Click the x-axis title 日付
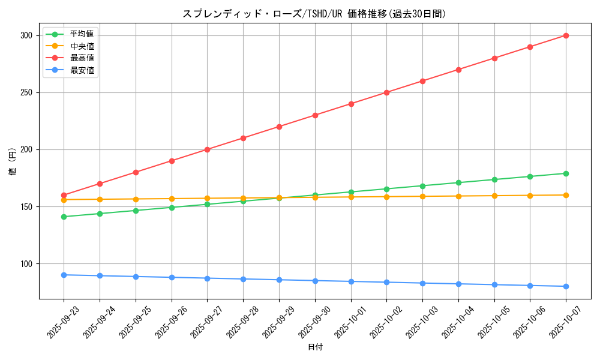tap(315, 347)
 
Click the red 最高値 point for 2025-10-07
tap(566, 35)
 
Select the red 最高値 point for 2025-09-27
tap(207, 149)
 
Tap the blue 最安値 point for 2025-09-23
tap(64, 275)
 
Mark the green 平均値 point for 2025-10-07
tap(566, 173)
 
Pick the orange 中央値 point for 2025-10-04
tap(458, 196)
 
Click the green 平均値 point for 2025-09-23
tap(64, 217)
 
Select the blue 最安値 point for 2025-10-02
tap(386, 282)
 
